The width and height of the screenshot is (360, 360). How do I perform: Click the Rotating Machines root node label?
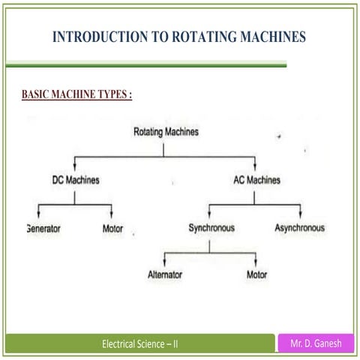point(166,132)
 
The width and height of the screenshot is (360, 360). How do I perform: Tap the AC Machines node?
point(253,180)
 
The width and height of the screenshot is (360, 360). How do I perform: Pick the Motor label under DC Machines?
point(112,228)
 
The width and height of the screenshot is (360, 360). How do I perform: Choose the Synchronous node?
point(211,227)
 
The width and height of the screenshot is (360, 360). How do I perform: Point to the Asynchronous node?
point(299,227)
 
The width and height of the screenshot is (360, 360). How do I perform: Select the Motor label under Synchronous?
point(256,274)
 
